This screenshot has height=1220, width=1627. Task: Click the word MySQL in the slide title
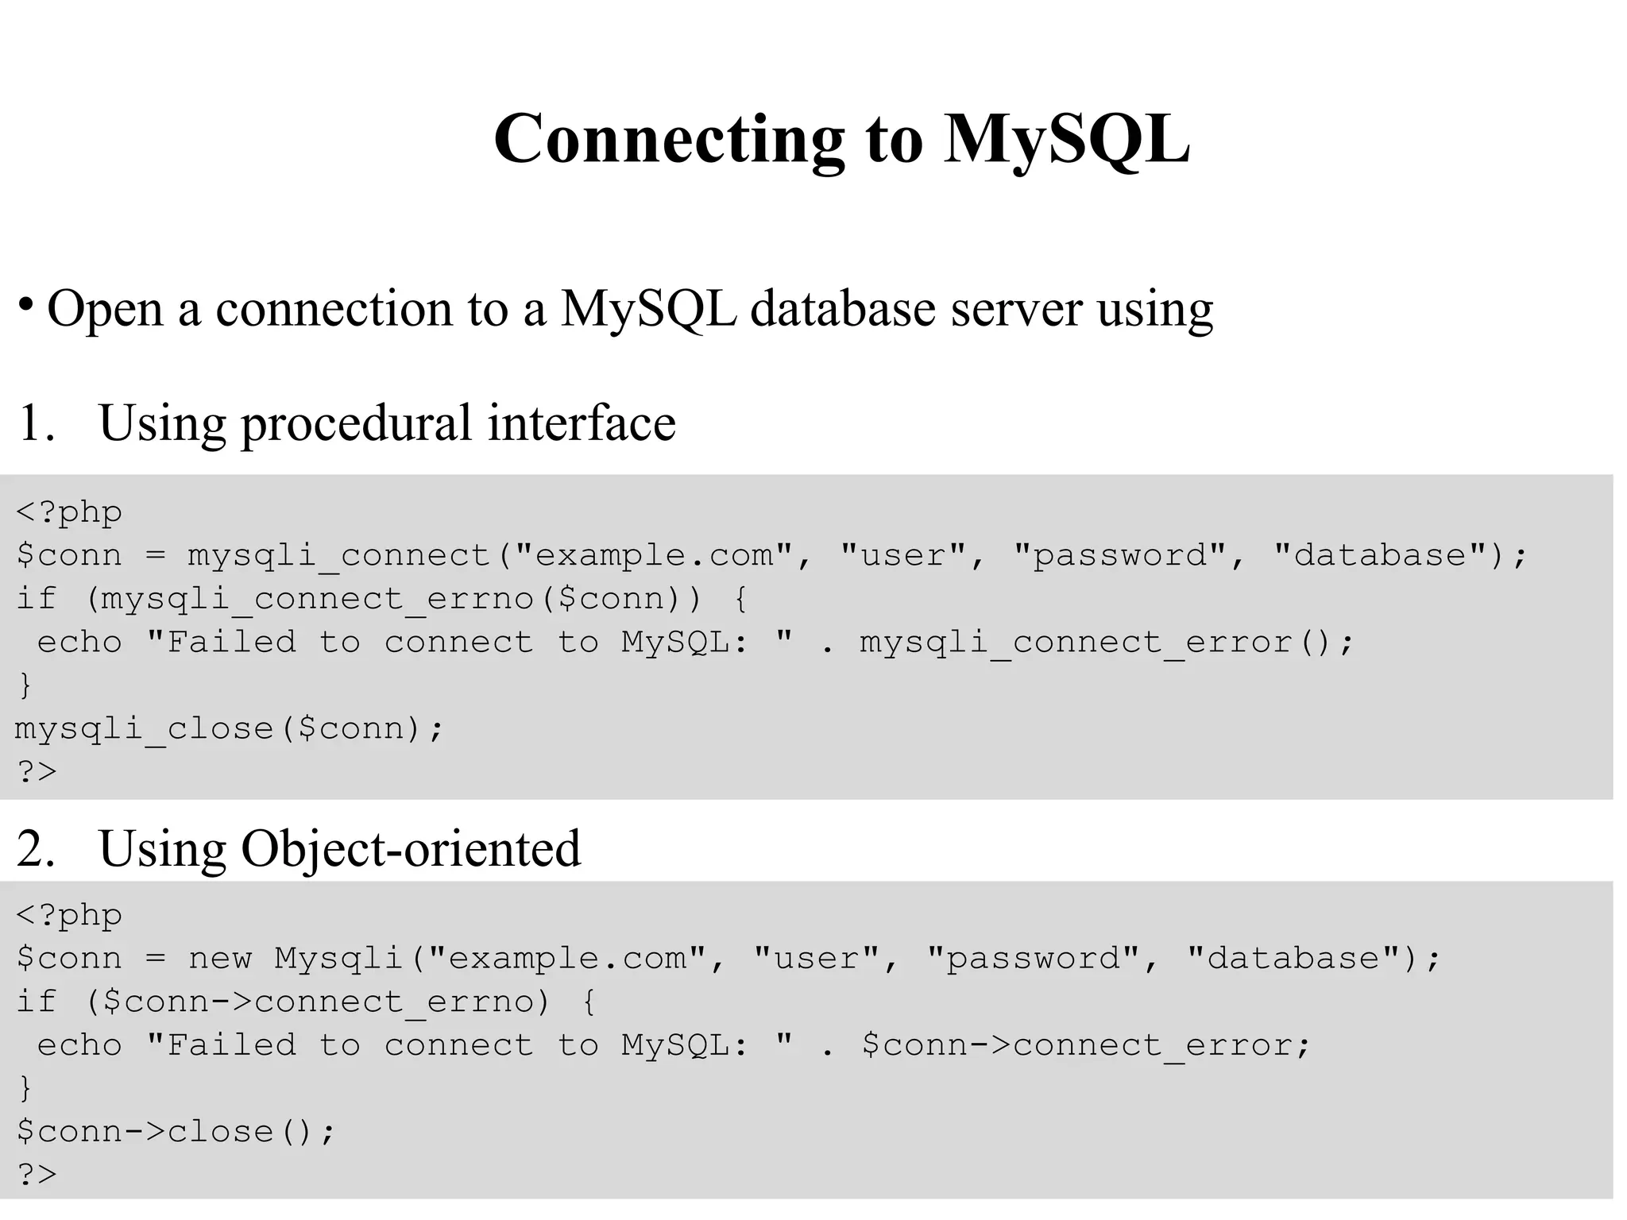pos(1067,140)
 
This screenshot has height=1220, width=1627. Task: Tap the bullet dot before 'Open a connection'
pos(26,304)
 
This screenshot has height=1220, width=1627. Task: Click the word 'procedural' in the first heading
pos(356,424)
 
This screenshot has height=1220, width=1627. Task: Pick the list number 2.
pos(35,848)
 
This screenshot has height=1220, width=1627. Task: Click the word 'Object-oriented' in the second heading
pos(411,848)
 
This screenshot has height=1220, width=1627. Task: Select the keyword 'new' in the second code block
pos(220,959)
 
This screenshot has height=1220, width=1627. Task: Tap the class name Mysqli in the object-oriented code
pos(339,959)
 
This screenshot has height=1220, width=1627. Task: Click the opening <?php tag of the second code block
pos(69,915)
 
